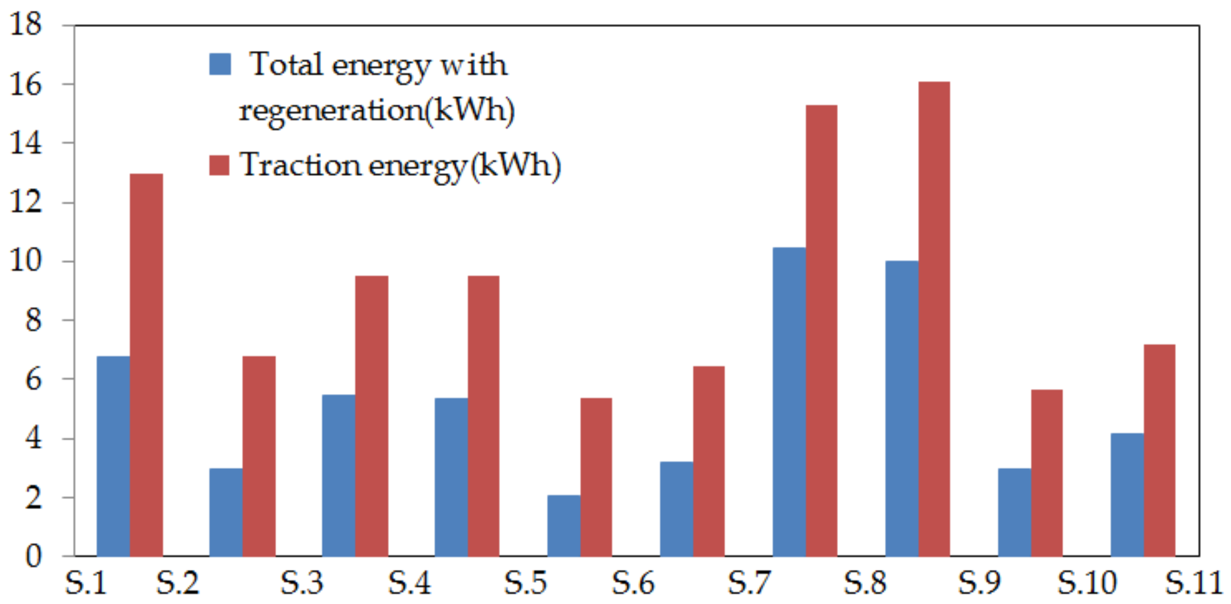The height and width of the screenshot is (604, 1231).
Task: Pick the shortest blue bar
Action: (563, 525)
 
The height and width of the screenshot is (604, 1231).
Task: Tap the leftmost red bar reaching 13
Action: (146, 364)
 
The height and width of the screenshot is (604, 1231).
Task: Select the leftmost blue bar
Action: (113, 456)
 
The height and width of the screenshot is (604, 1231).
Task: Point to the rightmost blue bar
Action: (1127, 494)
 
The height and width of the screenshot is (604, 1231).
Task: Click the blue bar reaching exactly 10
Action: (901, 408)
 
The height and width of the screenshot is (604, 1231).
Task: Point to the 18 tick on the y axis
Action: (25, 24)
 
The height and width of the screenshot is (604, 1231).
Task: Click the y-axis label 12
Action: (25, 202)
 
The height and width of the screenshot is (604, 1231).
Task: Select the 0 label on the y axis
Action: (33, 556)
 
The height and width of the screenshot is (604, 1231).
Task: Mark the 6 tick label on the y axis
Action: (33, 379)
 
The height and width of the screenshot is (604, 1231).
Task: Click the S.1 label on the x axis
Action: (86, 583)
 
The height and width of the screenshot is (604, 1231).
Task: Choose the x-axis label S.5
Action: (526, 583)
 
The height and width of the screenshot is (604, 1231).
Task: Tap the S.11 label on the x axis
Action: (1193, 583)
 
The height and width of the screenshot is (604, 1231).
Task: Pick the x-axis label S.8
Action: (865, 583)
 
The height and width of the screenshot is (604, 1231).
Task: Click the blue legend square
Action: (220, 64)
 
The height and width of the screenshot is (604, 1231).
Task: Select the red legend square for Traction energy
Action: (219, 165)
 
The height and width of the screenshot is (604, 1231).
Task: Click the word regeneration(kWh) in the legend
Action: (377, 111)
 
